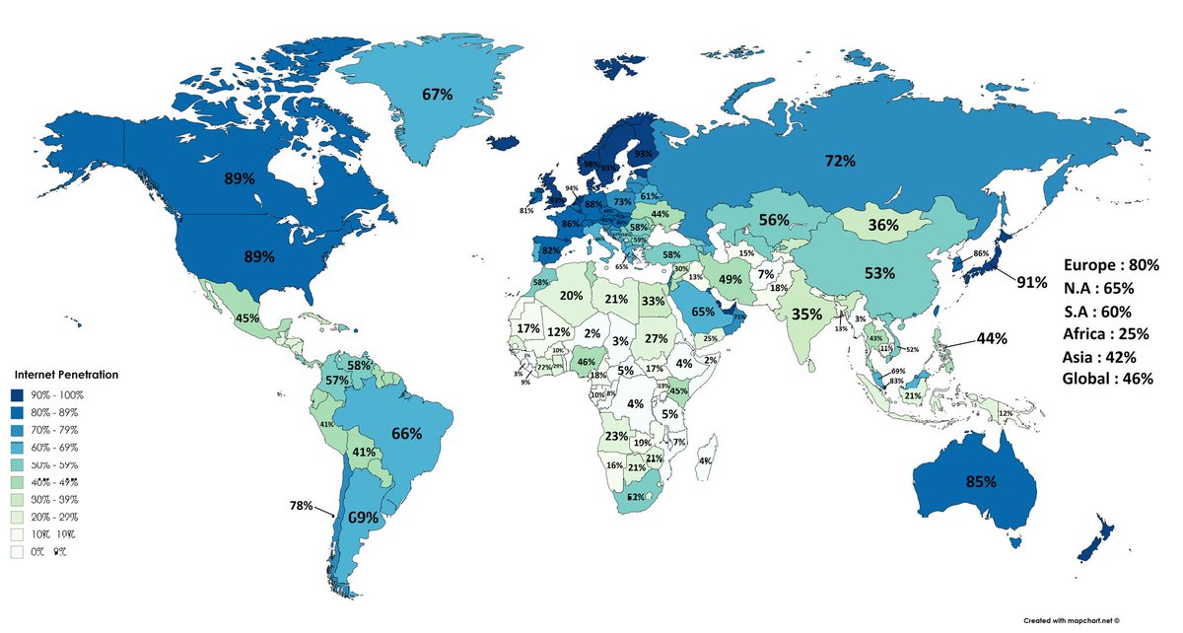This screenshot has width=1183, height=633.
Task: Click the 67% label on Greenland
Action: (437, 95)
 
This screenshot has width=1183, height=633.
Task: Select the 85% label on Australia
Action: (980, 483)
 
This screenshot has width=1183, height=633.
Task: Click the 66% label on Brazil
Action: (406, 433)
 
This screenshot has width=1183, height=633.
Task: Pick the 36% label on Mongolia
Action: (882, 225)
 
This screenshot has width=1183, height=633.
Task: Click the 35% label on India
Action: (807, 315)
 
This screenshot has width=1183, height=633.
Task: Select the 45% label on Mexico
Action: (246, 318)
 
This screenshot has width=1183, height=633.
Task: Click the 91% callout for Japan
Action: (1032, 282)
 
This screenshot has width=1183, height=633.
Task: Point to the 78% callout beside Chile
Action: (301, 506)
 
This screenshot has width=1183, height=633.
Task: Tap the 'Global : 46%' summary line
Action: (1108, 379)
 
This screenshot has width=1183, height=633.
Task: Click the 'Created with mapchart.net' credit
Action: (1097, 619)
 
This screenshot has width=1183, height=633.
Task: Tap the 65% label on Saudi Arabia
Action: (702, 312)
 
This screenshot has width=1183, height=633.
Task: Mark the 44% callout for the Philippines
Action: (992, 338)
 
